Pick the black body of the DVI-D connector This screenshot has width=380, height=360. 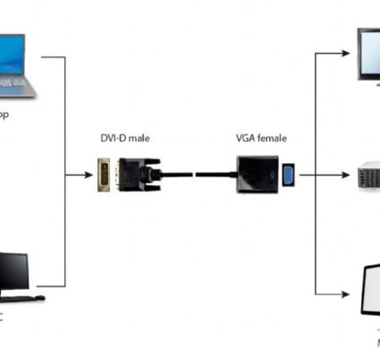click(134, 175)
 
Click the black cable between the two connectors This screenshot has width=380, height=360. click(194, 175)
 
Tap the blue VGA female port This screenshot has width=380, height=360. click(287, 175)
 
